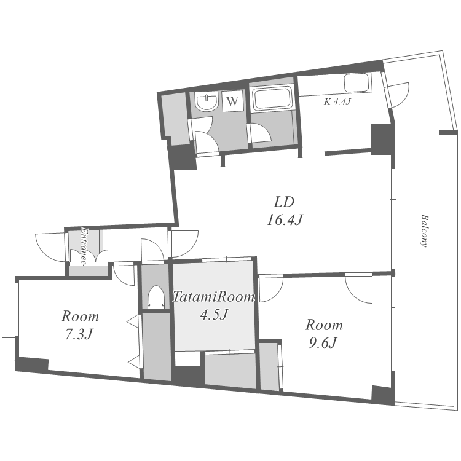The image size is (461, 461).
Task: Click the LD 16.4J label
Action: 285,211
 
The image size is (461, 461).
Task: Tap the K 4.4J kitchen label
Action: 337,102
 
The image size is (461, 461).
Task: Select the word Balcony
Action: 424,230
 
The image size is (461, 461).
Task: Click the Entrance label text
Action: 84,246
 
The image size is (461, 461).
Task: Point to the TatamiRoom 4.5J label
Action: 214,305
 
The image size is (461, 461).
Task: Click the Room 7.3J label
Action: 80,325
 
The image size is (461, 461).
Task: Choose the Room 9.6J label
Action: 324,334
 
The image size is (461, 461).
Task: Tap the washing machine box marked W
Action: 232,101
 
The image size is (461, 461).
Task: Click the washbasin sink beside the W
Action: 207,101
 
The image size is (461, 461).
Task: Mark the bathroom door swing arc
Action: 260,133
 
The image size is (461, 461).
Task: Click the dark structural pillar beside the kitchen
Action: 382,139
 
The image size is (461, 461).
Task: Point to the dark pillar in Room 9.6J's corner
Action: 383,395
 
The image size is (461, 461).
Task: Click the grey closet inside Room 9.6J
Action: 270,366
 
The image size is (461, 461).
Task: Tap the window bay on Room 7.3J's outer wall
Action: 9,309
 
